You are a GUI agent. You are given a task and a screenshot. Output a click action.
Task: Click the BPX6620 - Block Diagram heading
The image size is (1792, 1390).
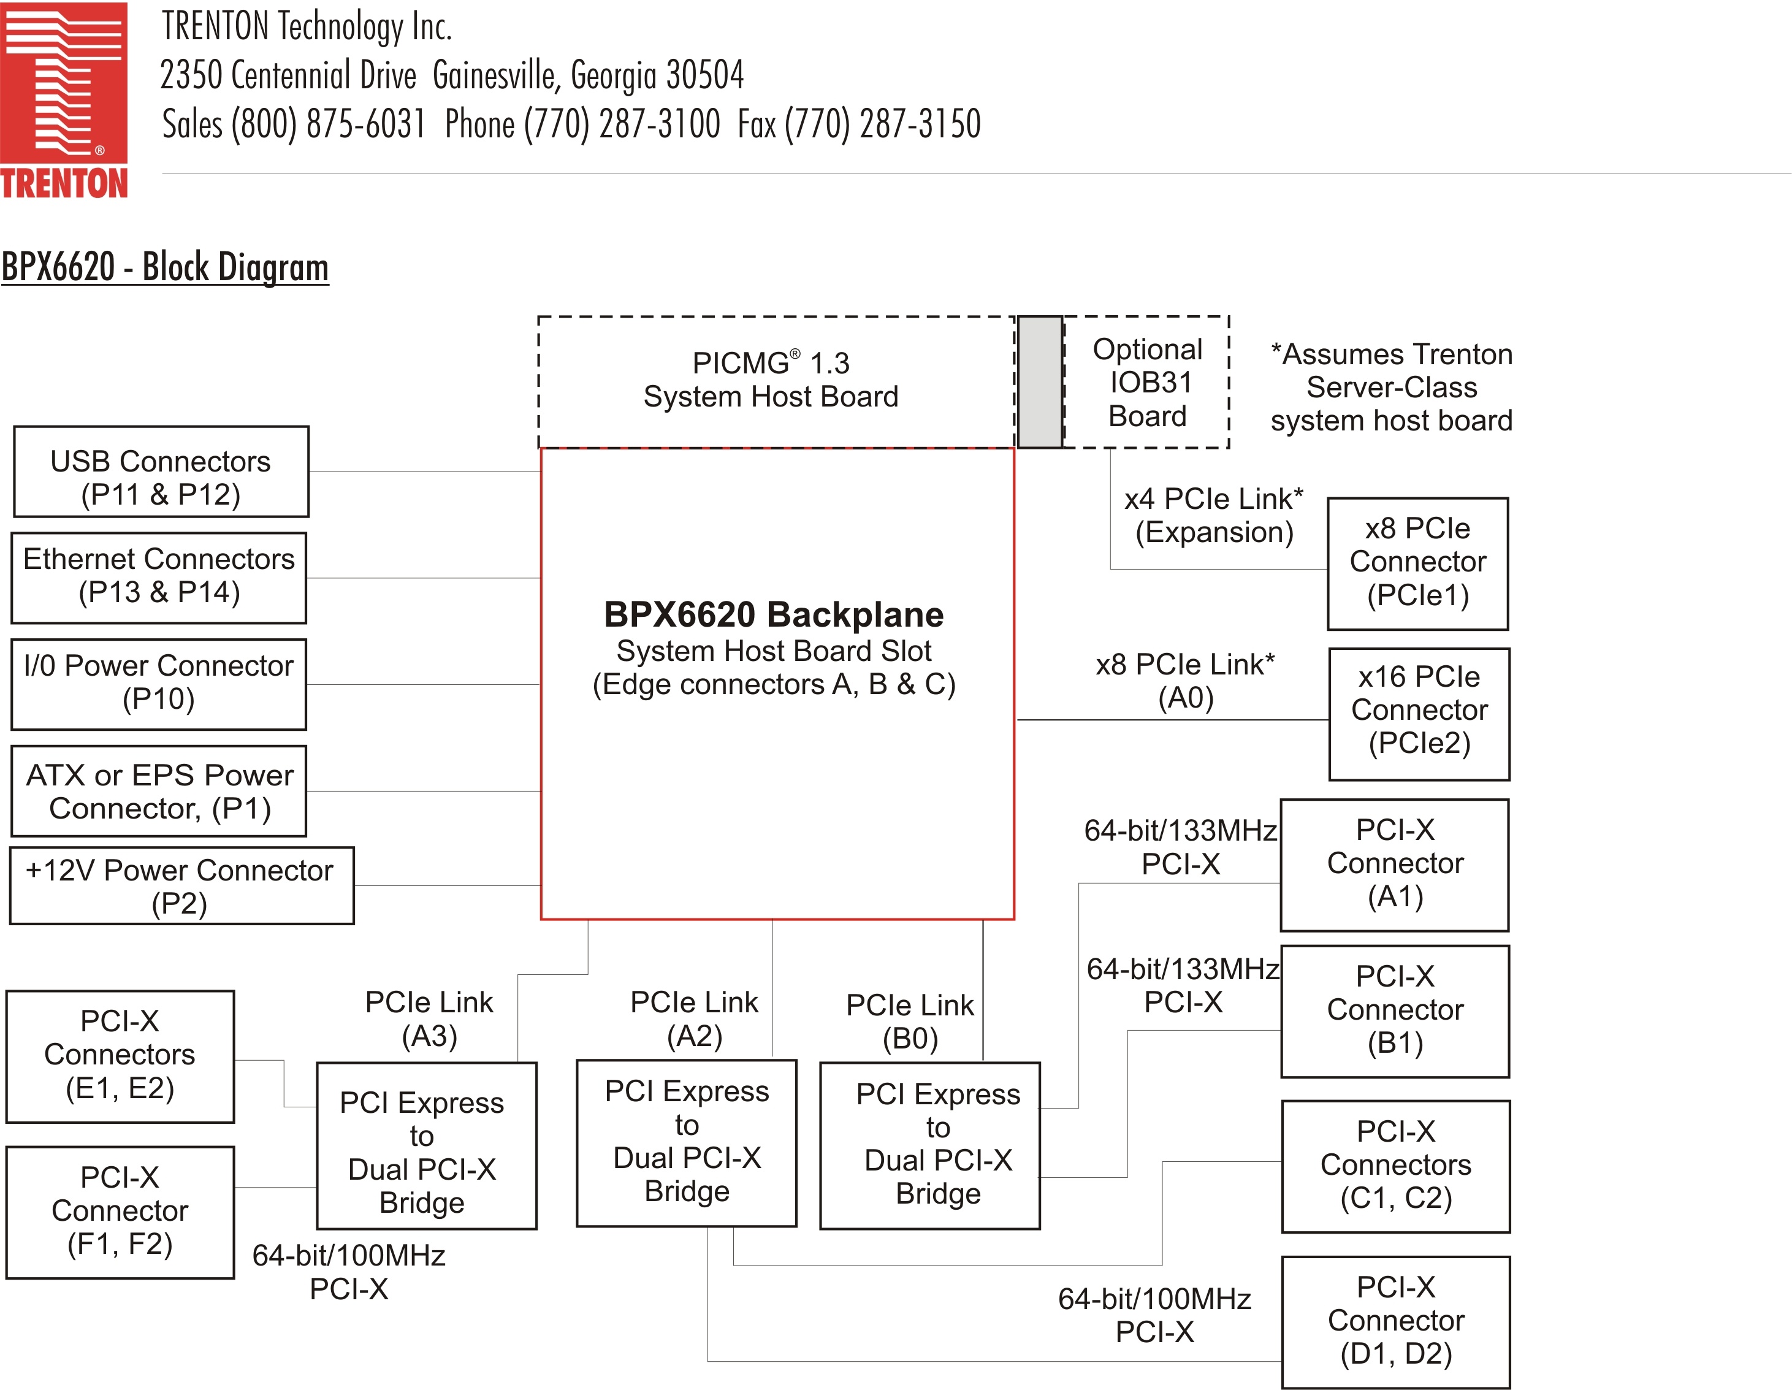[165, 267]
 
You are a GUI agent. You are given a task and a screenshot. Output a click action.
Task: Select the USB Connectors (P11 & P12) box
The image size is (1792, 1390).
[161, 472]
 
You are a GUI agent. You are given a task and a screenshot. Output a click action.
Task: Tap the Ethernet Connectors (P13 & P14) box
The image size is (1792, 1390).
[158, 578]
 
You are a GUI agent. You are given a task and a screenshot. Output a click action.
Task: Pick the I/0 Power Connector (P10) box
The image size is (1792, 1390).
[158, 684]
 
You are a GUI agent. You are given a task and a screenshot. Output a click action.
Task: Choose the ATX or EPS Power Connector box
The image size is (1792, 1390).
[158, 791]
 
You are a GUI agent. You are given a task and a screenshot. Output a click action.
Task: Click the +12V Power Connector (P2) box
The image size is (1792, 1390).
[181, 886]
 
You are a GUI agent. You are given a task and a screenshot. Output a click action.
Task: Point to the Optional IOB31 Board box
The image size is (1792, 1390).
[1147, 383]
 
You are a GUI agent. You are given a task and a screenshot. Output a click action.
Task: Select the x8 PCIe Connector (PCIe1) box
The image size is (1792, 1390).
[1417, 563]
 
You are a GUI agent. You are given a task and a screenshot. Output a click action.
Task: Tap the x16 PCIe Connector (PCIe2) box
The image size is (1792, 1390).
[1419, 713]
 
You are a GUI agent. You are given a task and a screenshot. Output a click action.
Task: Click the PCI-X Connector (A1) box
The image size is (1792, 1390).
[1394, 865]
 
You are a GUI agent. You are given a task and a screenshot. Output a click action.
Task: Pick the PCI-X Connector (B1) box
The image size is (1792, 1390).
[1395, 1011]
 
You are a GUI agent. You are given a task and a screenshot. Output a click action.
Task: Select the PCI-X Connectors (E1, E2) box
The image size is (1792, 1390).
[120, 1056]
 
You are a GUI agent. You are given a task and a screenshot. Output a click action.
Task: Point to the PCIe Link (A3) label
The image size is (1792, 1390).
[429, 1019]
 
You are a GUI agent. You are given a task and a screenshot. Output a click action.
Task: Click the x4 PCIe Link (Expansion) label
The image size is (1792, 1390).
[1213, 515]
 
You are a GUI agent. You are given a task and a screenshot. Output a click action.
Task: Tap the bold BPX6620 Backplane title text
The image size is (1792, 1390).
[774, 614]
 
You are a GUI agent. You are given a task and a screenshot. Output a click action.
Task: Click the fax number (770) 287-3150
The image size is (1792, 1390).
[882, 124]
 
